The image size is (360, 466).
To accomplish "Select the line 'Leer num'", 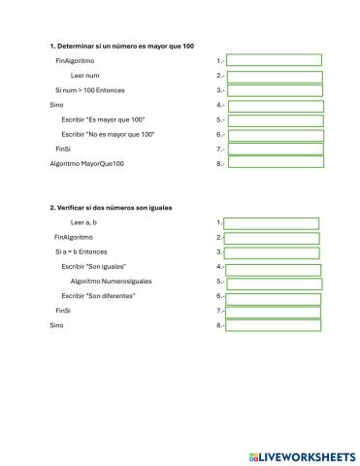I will point(85,75).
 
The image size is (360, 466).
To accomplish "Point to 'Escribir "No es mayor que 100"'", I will point(108,133).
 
